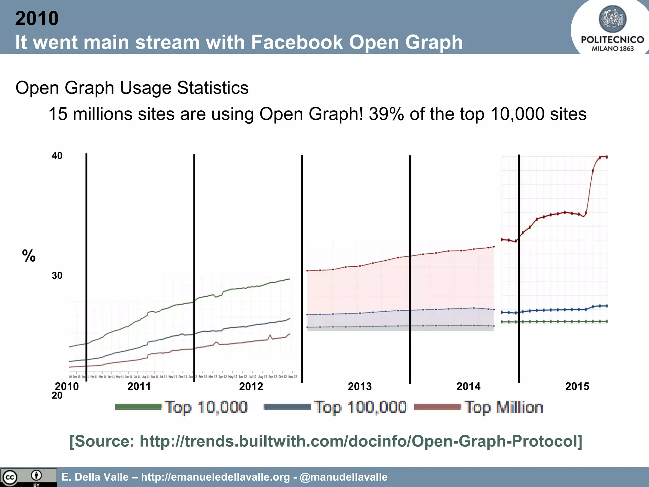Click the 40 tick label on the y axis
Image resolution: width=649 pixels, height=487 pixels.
pyautogui.click(x=57, y=156)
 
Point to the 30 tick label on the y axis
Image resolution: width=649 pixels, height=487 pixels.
pyautogui.click(x=57, y=276)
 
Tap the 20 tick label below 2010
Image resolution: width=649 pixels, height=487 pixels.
pyautogui.click(x=57, y=395)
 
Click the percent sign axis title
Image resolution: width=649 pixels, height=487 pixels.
pyautogui.click(x=29, y=256)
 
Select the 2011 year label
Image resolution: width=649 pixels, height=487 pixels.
pyautogui.click(x=139, y=386)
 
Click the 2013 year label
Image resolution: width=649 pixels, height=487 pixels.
pyautogui.click(x=360, y=386)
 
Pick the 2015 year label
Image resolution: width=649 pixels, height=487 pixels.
pyautogui.click(x=577, y=386)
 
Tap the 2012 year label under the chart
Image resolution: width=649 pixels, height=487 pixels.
pyautogui.click(x=251, y=386)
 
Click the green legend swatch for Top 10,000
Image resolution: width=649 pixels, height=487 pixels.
pyautogui.click(x=138, y=407)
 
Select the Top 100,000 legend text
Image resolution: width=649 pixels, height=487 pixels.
pyautogui.click(x=360, y=407)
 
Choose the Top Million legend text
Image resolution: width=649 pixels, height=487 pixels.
pyautogui.click(x=504, y=407)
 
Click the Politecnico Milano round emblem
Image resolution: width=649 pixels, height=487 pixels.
pyautogui.click(x=612, y=19)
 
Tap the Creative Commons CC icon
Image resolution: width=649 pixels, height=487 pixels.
pyautogui.click(x=10, y=477)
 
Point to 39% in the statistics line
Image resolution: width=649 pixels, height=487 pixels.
pyautogui.click(x=386, y=114)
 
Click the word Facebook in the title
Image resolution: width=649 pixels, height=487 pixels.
pyautogui.click(x=297, y=42)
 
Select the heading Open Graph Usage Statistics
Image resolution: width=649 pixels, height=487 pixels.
pyautogui.click(x=132, y=88)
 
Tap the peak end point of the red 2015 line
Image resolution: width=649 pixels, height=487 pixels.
pyautogui.click(x=606, y=157)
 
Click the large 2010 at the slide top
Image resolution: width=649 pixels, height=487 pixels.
pyautogui.click(x=37, y=18)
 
